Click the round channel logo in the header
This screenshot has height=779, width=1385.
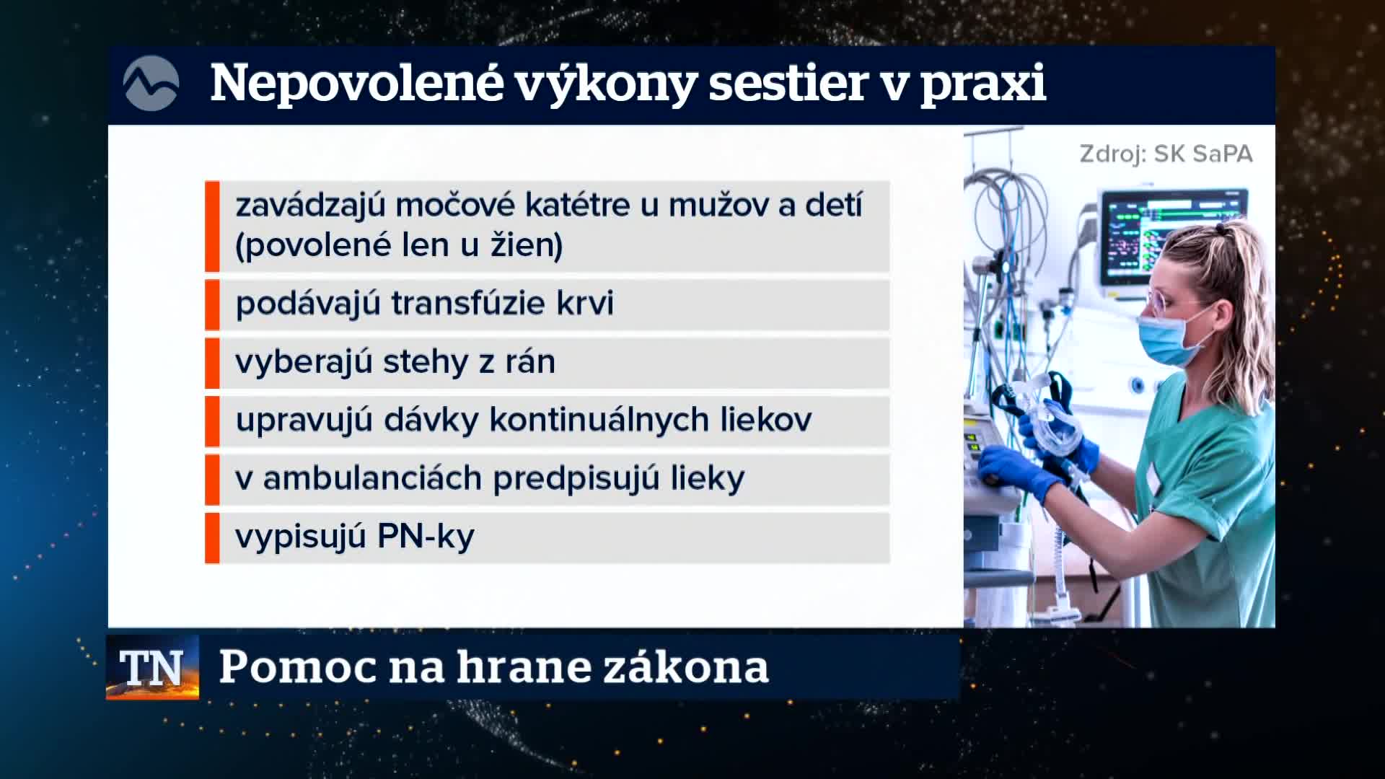[x=151, y=84]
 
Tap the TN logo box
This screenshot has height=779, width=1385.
[x=152, y=667]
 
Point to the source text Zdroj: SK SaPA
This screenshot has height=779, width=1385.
[x=1166, y=154]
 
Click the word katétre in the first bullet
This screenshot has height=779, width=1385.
[x=578, y=205]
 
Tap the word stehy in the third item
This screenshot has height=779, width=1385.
[x=426, y=361]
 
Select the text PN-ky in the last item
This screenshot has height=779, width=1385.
[x=426, y=537]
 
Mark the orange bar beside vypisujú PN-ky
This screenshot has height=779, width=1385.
[x=212, y=538]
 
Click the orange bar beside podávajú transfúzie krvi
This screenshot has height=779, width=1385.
[x=212, y=304]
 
